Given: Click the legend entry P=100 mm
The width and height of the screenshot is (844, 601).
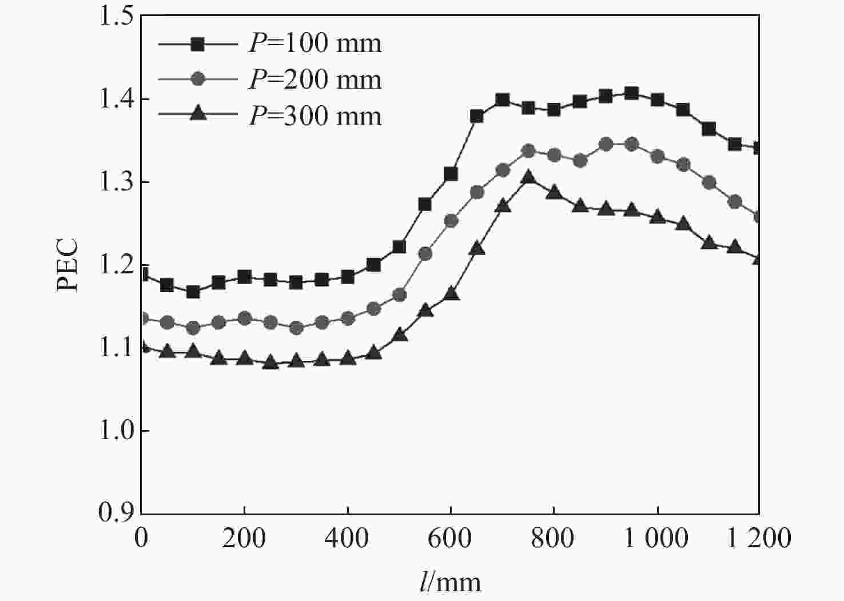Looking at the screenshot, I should coord(314,43).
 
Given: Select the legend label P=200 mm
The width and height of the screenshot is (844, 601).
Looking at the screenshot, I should coord(314,79).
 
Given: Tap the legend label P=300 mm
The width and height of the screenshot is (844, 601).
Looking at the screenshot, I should coord(314,116).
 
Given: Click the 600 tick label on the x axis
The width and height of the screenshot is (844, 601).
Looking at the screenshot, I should coord(451,538).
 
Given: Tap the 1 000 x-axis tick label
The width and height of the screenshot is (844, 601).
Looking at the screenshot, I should coord(656,538).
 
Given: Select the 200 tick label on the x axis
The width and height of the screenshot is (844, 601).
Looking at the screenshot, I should coord(244,538).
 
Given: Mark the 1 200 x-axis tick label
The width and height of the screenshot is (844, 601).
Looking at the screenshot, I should coord(759,538).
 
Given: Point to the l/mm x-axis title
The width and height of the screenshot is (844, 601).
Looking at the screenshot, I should coord(449,582).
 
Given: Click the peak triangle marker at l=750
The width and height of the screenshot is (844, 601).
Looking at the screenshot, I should coord(528,177).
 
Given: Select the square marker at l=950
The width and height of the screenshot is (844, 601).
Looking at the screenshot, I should coord(631,93).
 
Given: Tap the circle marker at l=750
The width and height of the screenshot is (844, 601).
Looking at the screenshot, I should coord(528,151).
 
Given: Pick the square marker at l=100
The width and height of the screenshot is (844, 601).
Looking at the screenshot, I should coord(193,292).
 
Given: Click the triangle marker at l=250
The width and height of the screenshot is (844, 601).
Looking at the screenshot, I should coord(270,363).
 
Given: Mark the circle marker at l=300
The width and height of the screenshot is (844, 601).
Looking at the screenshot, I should coord(296,328).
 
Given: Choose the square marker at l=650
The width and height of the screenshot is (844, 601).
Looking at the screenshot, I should coord(477,117).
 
